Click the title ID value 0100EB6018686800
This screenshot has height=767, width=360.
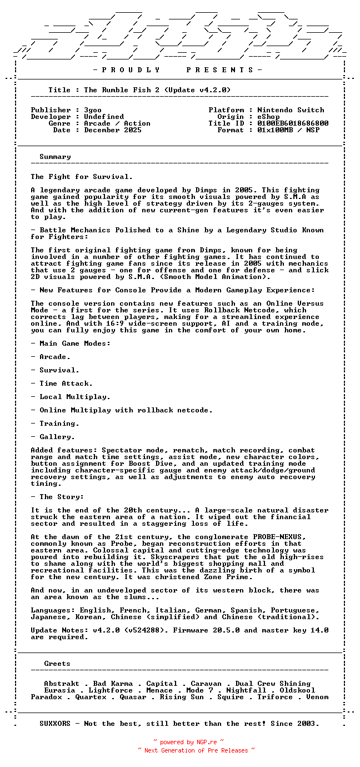(x=293, y=123)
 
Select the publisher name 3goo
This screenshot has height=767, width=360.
(x=93, y=110)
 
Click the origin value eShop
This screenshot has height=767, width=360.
(x=268, y=117)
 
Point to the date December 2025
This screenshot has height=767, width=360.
(x=113, y=130)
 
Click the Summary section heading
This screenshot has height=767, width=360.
(x=55, y=157)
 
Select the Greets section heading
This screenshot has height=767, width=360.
(x=57, y=664)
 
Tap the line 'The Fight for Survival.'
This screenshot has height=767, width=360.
(x=82, y=177)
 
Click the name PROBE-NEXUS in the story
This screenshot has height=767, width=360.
(x=279, y=537)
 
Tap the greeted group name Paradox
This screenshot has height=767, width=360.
(x=46, y=697)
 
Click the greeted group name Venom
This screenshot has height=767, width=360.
(x=317, y=697)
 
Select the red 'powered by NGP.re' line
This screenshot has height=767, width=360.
(x=188, y=742)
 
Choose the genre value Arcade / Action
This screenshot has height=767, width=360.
(x=117, y=123)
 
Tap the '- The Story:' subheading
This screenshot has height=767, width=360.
(x=57, y=497)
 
